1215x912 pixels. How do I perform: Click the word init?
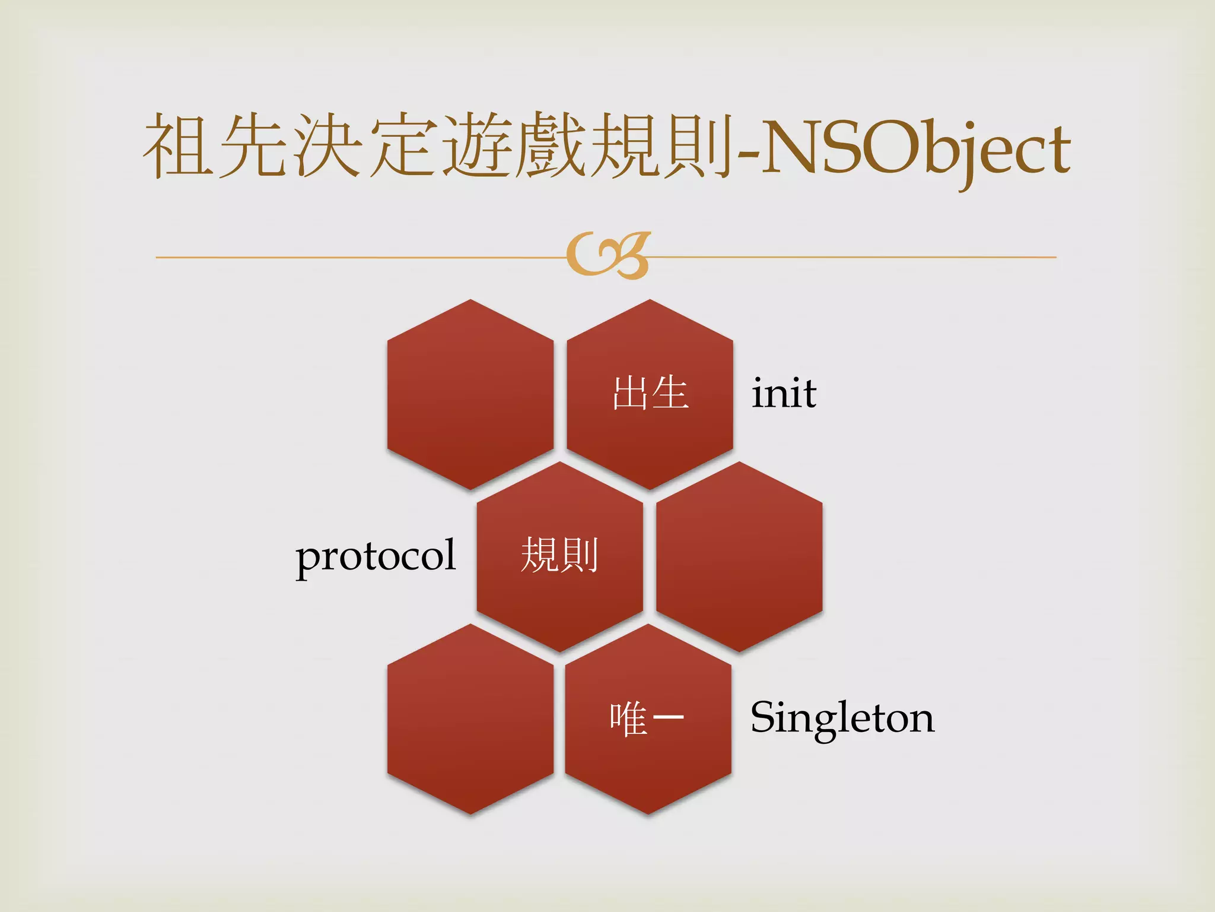pyautogui.click(x=784, y=394)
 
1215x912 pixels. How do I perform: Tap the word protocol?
pyautogui.click(x=376, y=556)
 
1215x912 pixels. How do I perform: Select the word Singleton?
pyautogui.click(x=842, y=718)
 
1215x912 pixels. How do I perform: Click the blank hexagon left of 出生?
pyautogui.click(x=470, y=394)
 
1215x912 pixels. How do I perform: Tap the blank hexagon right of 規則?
pyautogui.click(x=739, y=557)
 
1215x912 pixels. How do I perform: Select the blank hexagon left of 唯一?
pyautogui.click(x=470, y=719)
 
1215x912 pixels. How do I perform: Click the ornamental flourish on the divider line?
pyautogui.click(x=609, y=256)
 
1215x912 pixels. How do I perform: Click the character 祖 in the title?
pyautogui.click(x=178, y=145)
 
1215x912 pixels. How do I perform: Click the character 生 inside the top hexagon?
pyautogui.click(x=670, y=393)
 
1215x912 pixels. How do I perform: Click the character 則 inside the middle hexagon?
pyautogui.click(x=580, y=555)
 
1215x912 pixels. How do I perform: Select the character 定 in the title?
pyautogui.click(x=402, y=145)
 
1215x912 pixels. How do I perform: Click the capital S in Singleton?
pyautogui.click(x=765, y=717)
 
